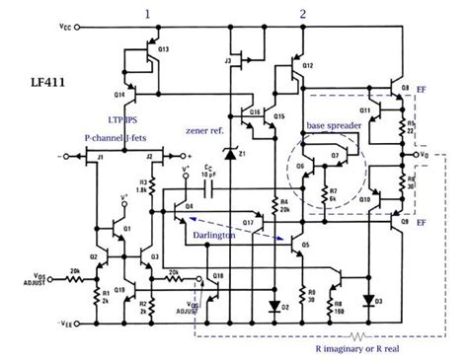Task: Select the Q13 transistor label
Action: click(163, 47)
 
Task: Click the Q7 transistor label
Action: click(335, 155)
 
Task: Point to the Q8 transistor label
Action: click(404, 89)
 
